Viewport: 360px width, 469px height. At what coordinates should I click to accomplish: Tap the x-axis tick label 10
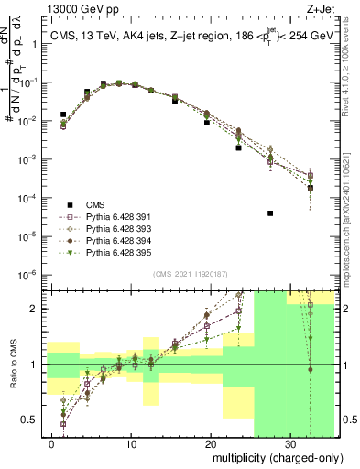pos(132,443)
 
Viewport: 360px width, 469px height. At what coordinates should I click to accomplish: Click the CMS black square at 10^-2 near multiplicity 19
pos(207,122)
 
